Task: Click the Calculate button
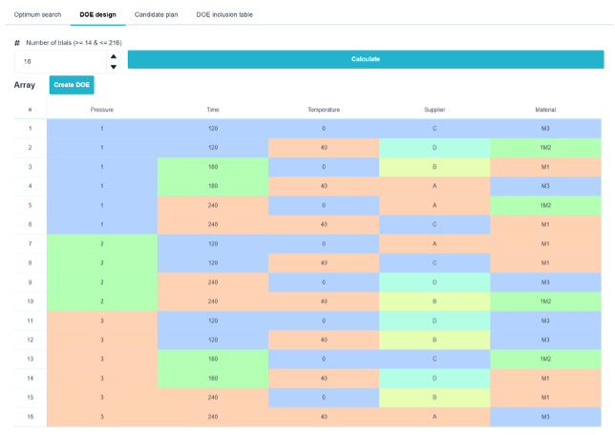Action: click(366, 59)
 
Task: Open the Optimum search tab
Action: click(37, 14)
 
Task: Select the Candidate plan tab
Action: click(156, 14)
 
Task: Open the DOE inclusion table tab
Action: click(224, 14)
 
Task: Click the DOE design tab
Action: click(97, 14)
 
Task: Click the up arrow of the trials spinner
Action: click(114, 56)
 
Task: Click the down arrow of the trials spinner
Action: click(114, 67)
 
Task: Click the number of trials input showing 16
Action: click(60, 61)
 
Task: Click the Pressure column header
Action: click(102, 110)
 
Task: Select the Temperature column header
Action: click(324, 110)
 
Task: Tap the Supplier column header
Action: click(435, 110)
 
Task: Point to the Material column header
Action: click(545, 110)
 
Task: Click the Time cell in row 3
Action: click(213, 167)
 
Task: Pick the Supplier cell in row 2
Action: click(435, 148)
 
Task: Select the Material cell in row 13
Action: click(545, 359)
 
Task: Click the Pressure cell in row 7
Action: click(102, 244)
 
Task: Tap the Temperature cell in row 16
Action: click(324, 417)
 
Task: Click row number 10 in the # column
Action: click(31, 301)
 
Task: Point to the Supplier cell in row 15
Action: click(435, 398)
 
